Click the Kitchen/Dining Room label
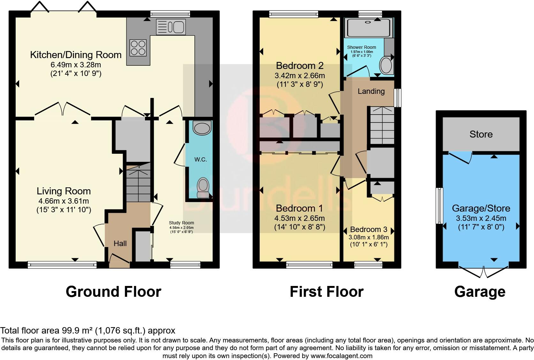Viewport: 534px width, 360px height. click(x=76, y=55)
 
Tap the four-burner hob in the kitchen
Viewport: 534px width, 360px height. click(x=138, y=48)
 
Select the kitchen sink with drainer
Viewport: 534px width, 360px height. click(x=171, y=27)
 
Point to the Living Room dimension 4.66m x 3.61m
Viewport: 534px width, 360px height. click(x=64, y=201)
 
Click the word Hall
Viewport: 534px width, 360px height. click(x=120, y=243)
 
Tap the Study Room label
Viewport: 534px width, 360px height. click(x=181, y=223)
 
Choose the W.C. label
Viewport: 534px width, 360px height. click(x=201, y=159)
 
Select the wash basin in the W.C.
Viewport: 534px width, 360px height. click(x=202, y=128)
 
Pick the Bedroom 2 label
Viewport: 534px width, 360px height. click(x=300, y=65)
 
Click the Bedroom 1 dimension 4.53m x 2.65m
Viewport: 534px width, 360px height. click(x=300, y=218)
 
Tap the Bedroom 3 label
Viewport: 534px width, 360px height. click(x=369, y=229)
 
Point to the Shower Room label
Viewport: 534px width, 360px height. click(x=362, y=48)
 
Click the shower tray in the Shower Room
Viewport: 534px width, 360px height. click(x=368, y=27)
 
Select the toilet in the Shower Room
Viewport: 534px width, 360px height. click(x=386, y=65)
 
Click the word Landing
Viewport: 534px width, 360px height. click(x=371, y=91)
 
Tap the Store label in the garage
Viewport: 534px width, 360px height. click(x=481, y=134)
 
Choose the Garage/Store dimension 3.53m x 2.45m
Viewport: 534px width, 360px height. click(x=481, y=218)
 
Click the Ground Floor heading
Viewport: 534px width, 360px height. click(x=113, y=292)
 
